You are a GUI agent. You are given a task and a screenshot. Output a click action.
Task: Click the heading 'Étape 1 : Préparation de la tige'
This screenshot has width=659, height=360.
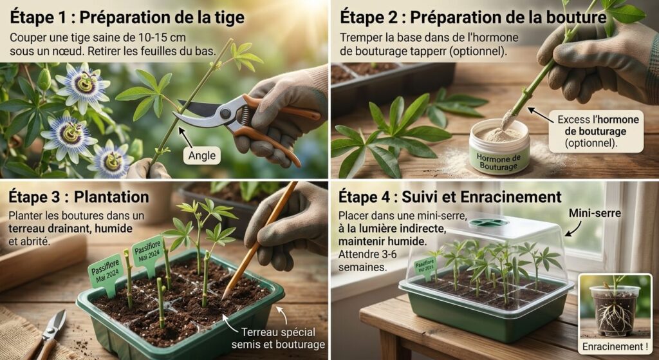[x=127, y=17]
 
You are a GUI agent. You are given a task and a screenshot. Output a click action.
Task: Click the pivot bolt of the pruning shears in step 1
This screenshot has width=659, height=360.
[x=226, y=113]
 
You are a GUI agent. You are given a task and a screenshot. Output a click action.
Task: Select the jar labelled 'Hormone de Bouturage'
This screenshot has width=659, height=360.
[x=499, y=147]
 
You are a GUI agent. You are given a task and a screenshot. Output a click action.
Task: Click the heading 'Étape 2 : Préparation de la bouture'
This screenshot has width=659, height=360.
[x=473, y=17]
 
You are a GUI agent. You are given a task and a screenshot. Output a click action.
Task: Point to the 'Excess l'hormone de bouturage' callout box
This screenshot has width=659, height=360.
[x=596, y=131]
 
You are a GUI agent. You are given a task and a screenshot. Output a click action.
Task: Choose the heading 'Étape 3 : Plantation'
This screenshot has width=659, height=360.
[x=79, y=197]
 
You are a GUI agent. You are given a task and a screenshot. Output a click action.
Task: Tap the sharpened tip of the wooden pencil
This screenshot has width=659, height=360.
[x=223, y=297]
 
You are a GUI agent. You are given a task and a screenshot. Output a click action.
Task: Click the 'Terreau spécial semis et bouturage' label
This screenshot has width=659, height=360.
[x=278, y=338]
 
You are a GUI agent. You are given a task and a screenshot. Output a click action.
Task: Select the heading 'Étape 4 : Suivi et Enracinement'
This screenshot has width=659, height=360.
[x=450, y=197]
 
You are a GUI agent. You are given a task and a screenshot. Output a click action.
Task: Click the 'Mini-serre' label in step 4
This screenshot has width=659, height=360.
[x=595, y=213]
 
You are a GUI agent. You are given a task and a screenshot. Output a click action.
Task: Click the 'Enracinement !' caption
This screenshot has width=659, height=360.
[x=615, y=347]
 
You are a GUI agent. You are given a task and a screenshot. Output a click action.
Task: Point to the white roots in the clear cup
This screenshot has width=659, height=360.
[x=613, y=316]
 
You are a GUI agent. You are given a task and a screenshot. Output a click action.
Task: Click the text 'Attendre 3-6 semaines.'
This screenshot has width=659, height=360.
[x=367, y=260]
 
